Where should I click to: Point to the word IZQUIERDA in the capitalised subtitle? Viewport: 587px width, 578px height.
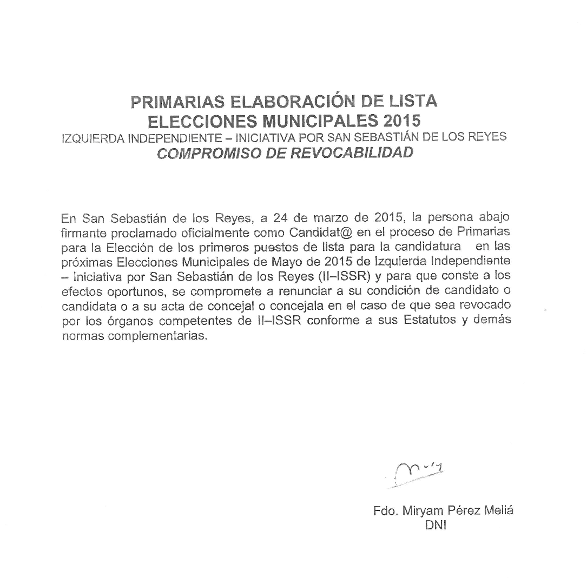(93, 137)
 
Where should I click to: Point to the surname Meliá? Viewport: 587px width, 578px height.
(498, 511)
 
